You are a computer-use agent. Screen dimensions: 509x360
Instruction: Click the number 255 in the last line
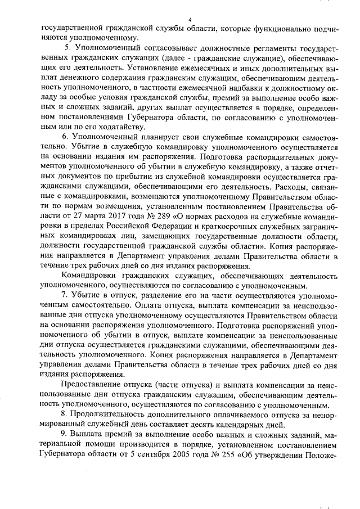coord(234,455)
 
